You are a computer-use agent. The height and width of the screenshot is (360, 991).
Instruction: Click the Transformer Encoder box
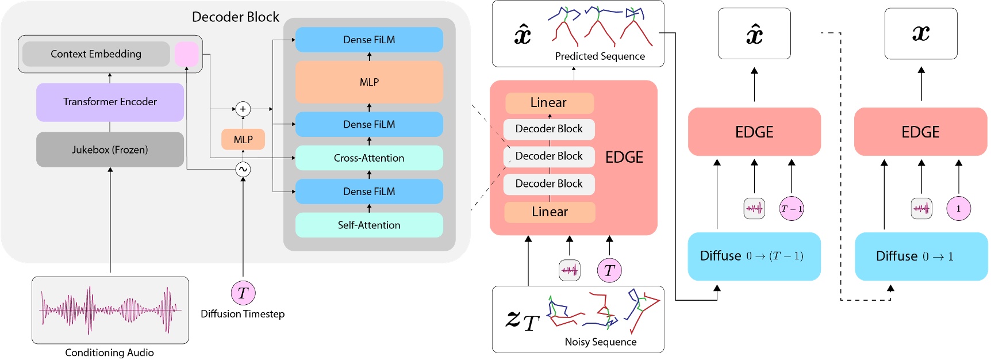click(x=110, y=102)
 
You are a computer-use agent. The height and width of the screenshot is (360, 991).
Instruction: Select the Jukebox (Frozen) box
click(x=110, y=150)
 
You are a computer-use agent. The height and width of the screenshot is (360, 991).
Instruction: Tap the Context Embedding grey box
click(x=96, y=54)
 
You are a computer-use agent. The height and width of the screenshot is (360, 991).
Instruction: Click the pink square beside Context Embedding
click(x=186, y=54)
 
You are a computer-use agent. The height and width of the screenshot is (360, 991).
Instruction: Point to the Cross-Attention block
click(x=369, y=158)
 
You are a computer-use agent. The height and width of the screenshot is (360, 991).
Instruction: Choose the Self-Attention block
click(x=369, y=225)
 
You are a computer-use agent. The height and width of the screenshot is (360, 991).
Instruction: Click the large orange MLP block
click(x=369, y=82)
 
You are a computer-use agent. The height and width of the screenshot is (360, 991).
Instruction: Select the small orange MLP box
click(x=243, y=140)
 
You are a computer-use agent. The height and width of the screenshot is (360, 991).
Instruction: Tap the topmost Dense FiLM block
click(x=369, y=40)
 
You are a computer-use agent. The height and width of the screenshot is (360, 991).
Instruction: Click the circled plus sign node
click(x=243, y=109)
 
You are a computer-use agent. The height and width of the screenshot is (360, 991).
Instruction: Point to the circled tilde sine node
click(x=243, y=169)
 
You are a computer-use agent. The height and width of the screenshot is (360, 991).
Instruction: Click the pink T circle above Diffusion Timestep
click(x=243, y=293)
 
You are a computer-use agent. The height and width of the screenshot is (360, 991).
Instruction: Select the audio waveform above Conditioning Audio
click(x=110, y=310)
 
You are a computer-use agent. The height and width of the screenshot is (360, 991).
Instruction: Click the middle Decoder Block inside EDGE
click(x=549, y=156)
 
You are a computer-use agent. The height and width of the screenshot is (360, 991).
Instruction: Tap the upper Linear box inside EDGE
click(x=549, y=103)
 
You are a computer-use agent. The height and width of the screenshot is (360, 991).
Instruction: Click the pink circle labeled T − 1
click(x=792, y=209)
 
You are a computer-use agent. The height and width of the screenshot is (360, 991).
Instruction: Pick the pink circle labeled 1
click(x=958, y=209)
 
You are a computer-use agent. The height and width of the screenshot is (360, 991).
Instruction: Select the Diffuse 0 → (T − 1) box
click(x=754, y=256)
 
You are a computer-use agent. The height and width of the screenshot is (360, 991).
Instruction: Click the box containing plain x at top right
click(x=921, y=33)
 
